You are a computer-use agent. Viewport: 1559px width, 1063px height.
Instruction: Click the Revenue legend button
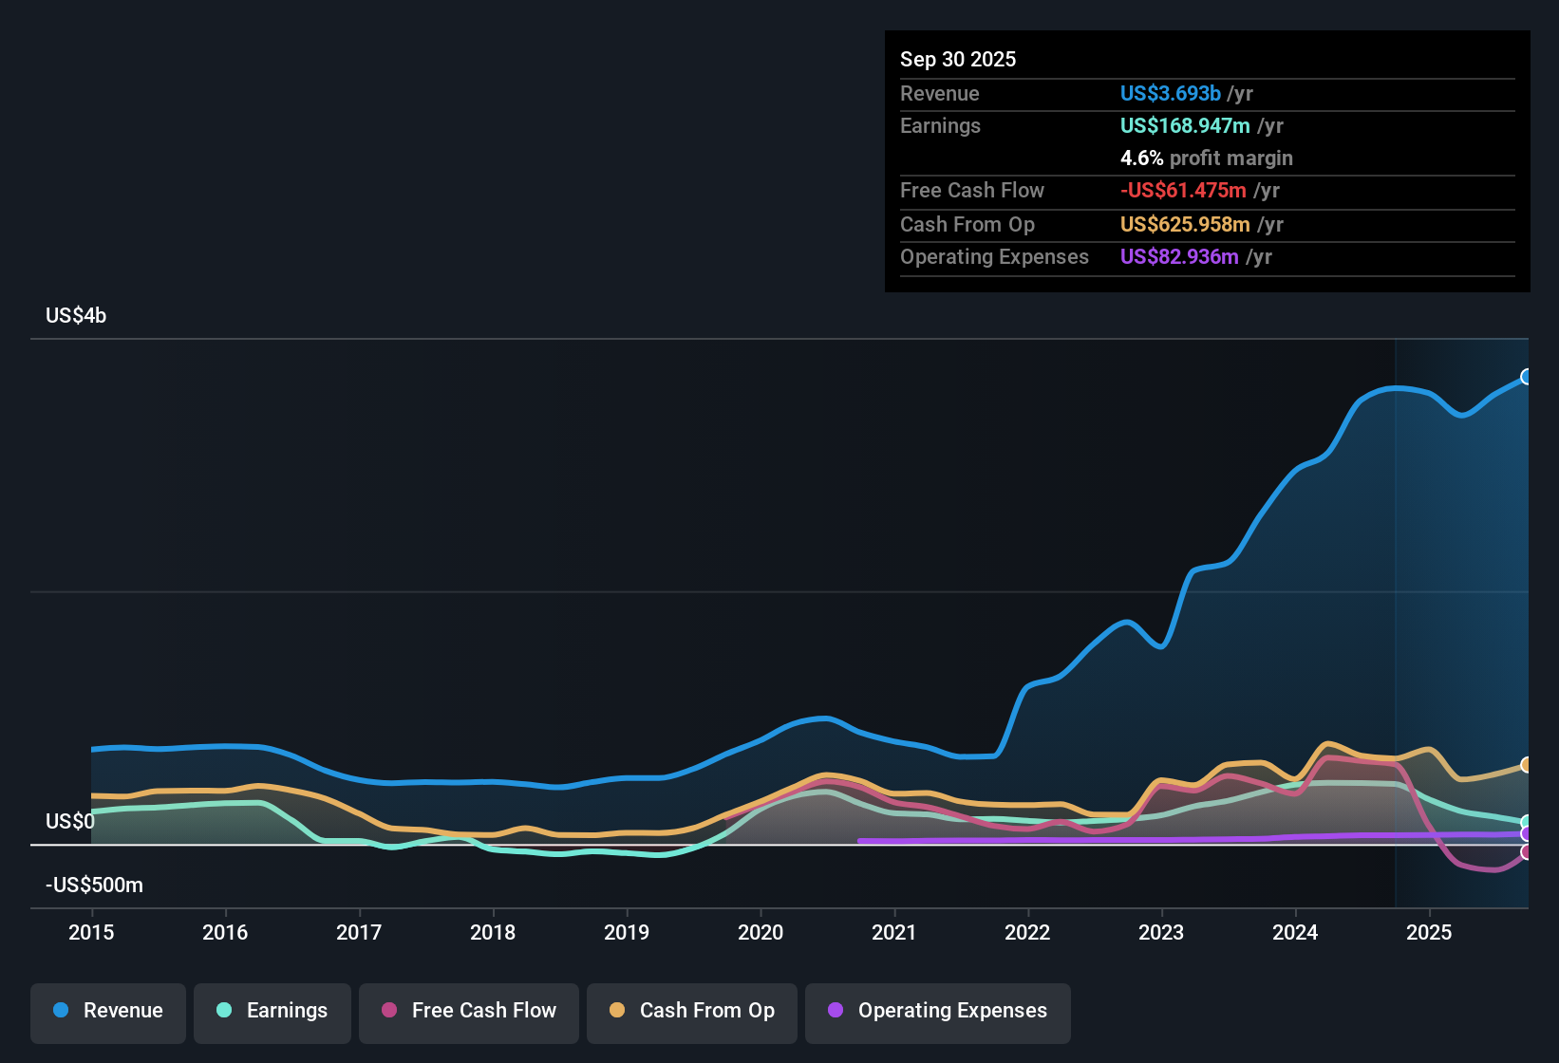pyautogui.click(x=108, y=1011)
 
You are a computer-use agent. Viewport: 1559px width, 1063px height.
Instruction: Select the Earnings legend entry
pyautogui.click(x=272, y=1011)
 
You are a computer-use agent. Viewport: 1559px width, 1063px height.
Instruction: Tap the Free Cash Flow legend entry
pyautogui.click(x=469, y=1011)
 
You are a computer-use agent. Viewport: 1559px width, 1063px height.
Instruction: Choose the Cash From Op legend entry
pyautogui.click(x=692, y=1011)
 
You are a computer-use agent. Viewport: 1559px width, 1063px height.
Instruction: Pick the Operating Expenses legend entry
pyautogui.click(x=938, y=1011)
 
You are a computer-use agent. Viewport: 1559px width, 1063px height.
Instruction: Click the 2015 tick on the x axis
pyautogui.click(x=91, y=933)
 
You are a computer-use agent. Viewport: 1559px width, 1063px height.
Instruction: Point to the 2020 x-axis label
pyautogui.click(x=761, y=933)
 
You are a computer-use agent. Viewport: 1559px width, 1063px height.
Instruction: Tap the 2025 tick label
pyautogui.click(x=1429, y=933)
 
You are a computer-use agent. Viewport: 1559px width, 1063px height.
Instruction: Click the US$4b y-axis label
pyautogui.click(x=76, y=316)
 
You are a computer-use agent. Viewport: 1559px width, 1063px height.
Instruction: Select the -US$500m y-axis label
pyautogui.click(x=94, y=886)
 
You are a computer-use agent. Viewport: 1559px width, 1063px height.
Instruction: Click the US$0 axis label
pyautogui.click(x=70, y=822)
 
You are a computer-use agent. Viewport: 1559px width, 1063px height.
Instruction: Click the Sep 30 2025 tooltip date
pyautogui.click(x=958, y=60)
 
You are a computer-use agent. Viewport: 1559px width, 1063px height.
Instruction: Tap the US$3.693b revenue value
pyautogui.click(x=1170, y=94)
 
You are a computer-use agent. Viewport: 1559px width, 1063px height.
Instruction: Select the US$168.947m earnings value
pyautogui.click(x=1185, y=126)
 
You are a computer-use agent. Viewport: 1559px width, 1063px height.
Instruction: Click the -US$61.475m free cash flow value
pyautogui.click(x=1183, y=191)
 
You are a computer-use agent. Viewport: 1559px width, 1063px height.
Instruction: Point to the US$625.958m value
pyautogui.click(x=1185, y=225)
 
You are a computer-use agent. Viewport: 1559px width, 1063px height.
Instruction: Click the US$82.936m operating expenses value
pyautogui.click(x=1179, y=257)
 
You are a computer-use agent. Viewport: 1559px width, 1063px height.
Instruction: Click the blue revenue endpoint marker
pyautogui.click(x=1526, y=377)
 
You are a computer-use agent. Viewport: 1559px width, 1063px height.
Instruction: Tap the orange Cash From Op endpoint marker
pyautogui.click(x=1526, y=765)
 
